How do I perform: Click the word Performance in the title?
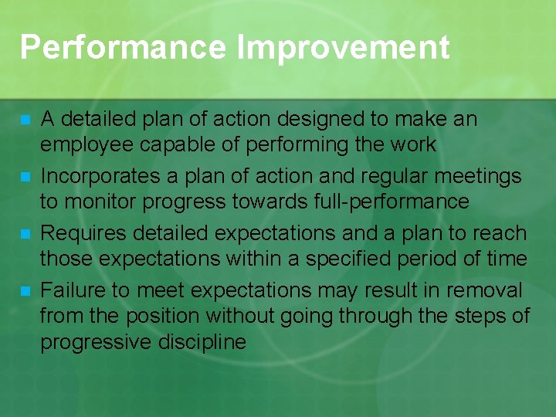(x=124, y=48)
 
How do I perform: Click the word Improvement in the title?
(x=344, y=48)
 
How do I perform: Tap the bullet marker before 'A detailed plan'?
(x=25, y=120)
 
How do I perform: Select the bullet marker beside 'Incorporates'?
(x=25, y=178)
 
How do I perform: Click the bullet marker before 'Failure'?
(x=25, y=292)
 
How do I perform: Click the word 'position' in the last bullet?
(x=154, y=316)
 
